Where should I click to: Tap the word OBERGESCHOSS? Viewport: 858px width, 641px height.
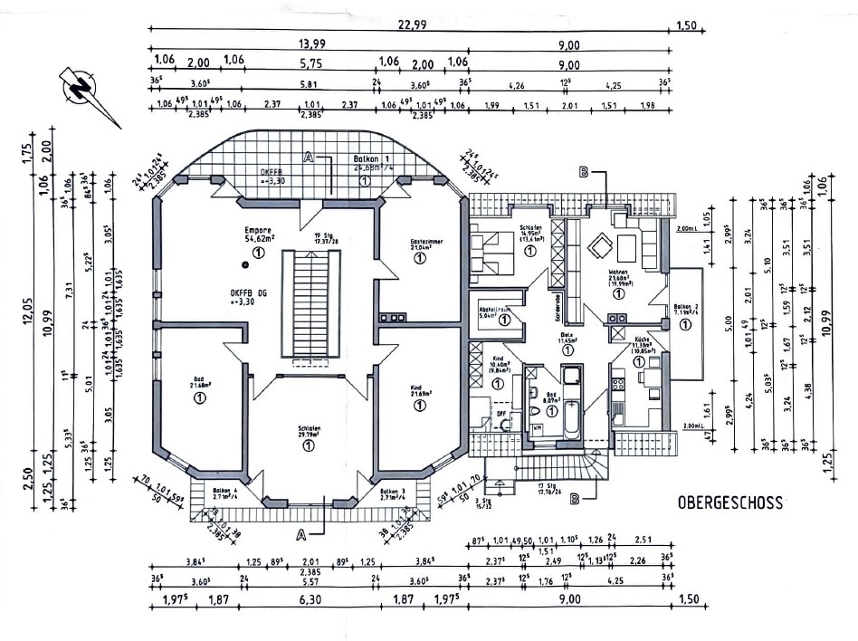[x=731, y=501]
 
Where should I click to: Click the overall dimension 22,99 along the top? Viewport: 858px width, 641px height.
[x=411, y=25]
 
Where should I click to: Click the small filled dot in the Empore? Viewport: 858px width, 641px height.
[x=245, y=264]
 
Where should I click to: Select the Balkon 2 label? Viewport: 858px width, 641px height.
[x=684, y=311]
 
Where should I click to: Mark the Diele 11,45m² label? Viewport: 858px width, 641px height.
[x=567, y=338]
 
